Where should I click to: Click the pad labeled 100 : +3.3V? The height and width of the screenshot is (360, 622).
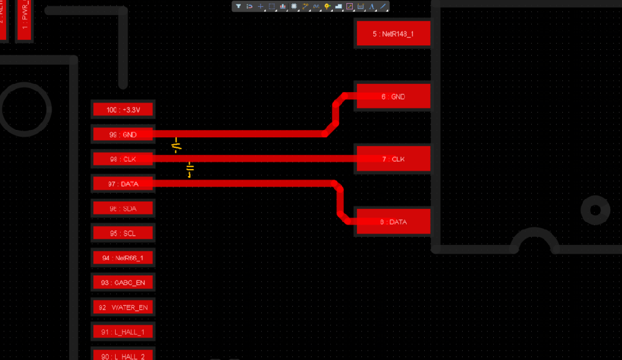(x=123, y=110)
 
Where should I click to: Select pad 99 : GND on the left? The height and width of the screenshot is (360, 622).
(x=123, y=134)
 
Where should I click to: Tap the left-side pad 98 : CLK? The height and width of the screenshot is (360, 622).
(x=123, y=159)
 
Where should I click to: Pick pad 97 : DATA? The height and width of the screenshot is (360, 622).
(x=123, y=184)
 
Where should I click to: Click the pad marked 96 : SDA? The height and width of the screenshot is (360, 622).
(x=123, y=209)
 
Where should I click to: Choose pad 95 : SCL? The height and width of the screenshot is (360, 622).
(x=123, y=233)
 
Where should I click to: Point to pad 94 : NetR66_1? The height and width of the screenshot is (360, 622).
(x=123, y=257)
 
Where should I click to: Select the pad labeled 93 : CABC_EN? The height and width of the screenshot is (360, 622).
(x=123, y=282)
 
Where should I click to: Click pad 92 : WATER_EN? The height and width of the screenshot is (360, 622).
(x=123, y=307)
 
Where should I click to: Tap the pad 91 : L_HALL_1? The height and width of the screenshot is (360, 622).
(x=123, y=332)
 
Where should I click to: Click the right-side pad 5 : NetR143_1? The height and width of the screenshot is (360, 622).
(x=393, y=34)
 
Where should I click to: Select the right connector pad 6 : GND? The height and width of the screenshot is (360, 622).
(x=393, y=96)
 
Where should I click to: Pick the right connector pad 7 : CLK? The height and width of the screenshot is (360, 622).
(x=393, y=159)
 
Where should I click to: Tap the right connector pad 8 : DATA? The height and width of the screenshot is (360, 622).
(x=393, y=222)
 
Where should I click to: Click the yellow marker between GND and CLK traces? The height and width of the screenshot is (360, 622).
(x=177, y=145)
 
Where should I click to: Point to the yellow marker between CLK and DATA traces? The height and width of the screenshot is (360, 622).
(x=190, y=170)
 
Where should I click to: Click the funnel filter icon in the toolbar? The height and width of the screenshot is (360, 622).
(x=238, y=6)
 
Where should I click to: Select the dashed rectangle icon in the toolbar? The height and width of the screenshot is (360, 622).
(x=272, y=6)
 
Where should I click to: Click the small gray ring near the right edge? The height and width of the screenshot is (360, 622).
(x=595, y=210)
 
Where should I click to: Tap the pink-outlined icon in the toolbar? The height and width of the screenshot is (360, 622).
(x=350, y=6)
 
